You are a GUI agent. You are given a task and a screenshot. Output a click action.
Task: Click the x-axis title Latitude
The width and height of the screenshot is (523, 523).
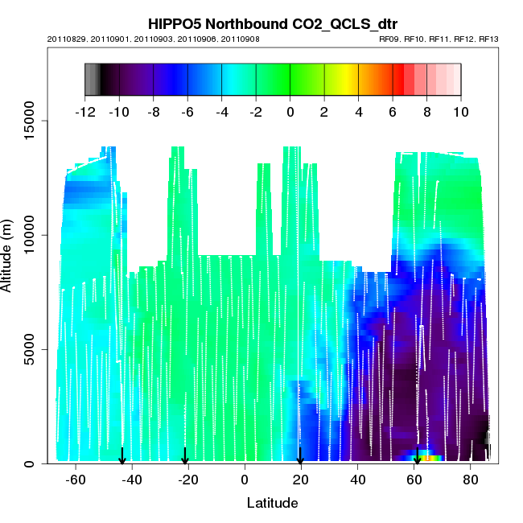(272, 504)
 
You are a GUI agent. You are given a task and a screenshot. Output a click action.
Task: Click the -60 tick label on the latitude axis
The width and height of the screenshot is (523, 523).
(76, 480)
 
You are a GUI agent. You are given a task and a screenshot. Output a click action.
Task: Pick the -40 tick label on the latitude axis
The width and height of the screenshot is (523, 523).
(132, 480)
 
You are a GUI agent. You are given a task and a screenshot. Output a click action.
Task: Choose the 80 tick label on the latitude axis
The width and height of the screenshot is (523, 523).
(472, 480)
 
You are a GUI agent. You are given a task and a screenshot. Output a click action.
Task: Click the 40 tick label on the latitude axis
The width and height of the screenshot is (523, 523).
(358, 480)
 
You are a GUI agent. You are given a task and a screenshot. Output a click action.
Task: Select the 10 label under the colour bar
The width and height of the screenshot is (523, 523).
(460, 112)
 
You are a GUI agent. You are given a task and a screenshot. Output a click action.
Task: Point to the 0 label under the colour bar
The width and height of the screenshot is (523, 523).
(290, 112)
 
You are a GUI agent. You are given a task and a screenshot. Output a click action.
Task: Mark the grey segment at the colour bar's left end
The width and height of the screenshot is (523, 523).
(91, 79)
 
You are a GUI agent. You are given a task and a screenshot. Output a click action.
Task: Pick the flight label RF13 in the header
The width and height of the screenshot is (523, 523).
(489, 39)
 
